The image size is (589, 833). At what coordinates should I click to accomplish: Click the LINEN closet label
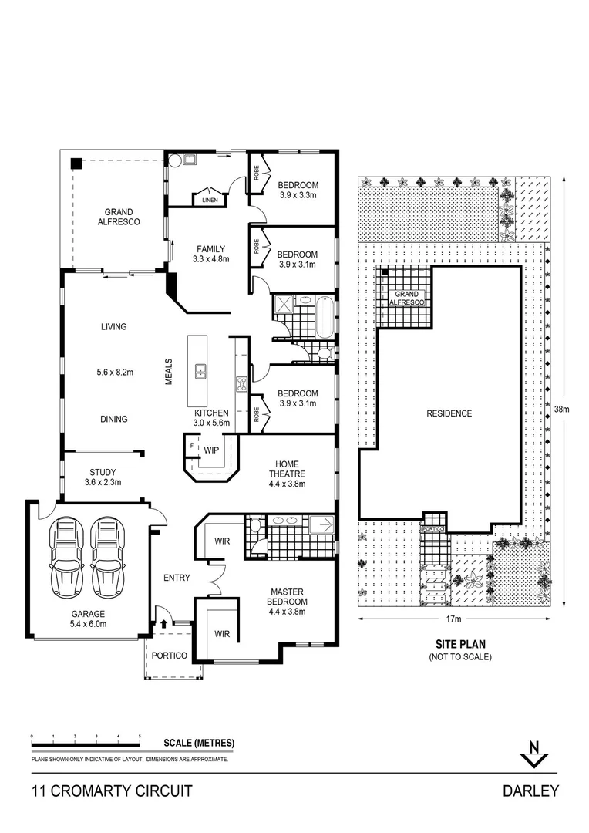click(x=210, y=200)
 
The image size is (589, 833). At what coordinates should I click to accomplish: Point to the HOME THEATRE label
click(x=287, y=469)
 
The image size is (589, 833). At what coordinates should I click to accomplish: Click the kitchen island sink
click(x=200, y=371)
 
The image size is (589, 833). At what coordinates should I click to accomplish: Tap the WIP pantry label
click(x=211, y=448)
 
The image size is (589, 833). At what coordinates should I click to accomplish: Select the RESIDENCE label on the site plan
click(x=449, y=413)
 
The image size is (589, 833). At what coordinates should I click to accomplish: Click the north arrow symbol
click(x=532, y=754)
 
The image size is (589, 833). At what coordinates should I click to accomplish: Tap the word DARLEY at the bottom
click(x=530, y=791)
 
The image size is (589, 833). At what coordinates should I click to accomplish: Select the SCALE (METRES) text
click(x=199, y=743)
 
